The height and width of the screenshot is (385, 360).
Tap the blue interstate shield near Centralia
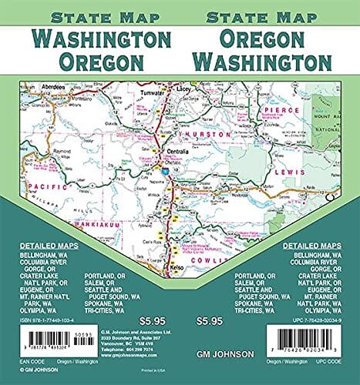163,170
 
